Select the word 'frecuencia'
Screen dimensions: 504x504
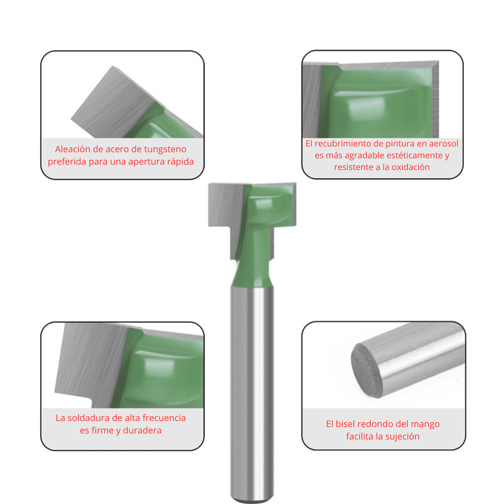click(164, 418)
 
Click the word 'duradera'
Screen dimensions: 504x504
click(142, 430)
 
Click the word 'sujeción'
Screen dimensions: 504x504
click(402, 436)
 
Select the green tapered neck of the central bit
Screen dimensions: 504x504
click(252, 272)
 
